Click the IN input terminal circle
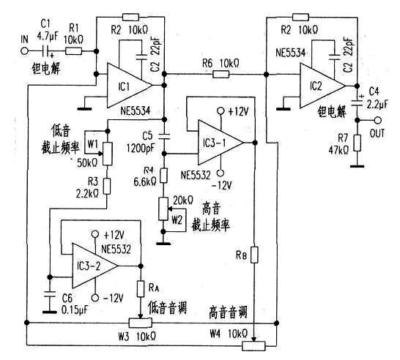point(25,51)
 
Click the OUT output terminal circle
point(377,120)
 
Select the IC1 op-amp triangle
point(130,86)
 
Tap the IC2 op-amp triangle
point(322,86)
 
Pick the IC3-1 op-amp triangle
point(221,143)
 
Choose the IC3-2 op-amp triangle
point(95,266)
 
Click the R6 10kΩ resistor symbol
point(221,75)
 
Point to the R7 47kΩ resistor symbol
point(358,143)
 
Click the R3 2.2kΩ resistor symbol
point(107,187)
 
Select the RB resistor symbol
point(254,255)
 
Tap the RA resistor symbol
point(141,289)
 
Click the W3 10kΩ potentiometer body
point(141,323)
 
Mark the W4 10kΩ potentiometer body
point(253,346)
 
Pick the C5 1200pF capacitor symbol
point(165,136)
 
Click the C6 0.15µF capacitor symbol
point(50,294)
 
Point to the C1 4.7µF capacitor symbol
point(46,51)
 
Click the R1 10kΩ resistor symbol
point(74,51)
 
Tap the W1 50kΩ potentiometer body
point(108,154)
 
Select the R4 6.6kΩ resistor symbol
point(164,176)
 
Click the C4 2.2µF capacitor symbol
point(358,103)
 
